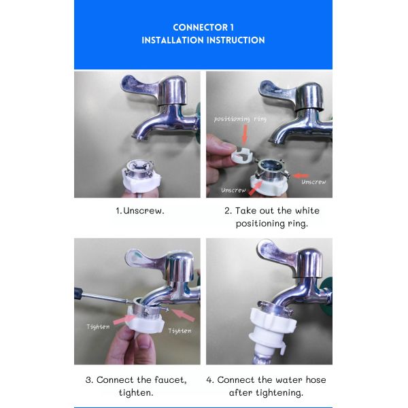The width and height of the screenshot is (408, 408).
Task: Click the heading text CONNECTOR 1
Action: click(x=203, y=27)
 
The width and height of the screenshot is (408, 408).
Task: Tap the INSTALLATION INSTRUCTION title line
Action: click(x=203, y=40)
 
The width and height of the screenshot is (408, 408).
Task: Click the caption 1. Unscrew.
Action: click(x=140, y=211)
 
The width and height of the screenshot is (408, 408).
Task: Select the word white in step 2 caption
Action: click(x=307, y=210)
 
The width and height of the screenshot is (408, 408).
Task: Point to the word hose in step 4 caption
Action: click(x=316, y=379)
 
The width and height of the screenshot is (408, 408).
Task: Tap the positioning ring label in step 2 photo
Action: click(x=240, y=119)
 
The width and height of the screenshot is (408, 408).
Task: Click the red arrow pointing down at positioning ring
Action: click(x=245, y=135)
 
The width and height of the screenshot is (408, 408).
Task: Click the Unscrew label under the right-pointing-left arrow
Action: click(x=313, y=182)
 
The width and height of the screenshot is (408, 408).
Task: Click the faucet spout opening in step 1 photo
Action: click(x=138, y=137)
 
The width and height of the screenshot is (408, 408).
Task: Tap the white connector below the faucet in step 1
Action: click(x=141, y=176)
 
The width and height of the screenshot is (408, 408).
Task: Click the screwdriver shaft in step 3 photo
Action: click(x=103, y=297)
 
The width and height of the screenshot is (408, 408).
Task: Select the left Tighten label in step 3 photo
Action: click(x=98, y=327)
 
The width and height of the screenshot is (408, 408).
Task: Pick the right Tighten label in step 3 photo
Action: click(x=180, y=331)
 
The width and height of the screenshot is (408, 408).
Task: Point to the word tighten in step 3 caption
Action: click(x=136, y=392)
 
